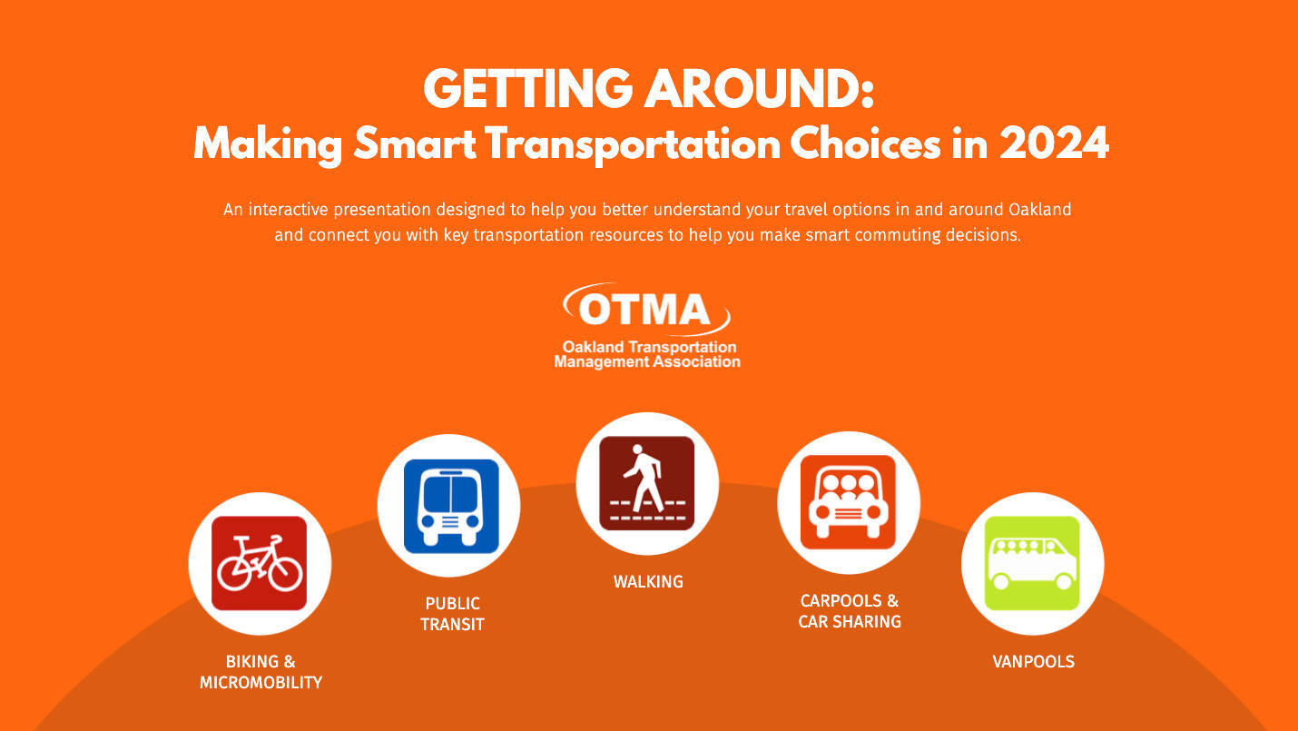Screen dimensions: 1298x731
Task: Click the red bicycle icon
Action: coord(259,563)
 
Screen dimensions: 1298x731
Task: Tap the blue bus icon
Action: coord(451,506)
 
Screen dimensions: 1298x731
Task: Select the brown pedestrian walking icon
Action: coord(646,483)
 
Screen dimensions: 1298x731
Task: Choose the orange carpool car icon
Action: coord(848,502)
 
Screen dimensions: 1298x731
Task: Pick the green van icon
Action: coord(1032,564)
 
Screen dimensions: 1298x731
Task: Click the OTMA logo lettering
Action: coord(644,310)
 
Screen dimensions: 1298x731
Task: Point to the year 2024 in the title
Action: coord(1054,143)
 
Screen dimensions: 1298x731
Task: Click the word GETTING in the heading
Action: coord(527,89)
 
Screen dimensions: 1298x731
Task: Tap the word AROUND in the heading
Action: coord(759,89)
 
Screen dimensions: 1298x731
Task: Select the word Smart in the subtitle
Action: coord(414,143)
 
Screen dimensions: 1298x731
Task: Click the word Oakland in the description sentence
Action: coord(1039,209)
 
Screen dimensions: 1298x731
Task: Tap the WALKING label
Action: coord(648,581)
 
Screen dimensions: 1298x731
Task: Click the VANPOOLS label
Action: coord(1033,661)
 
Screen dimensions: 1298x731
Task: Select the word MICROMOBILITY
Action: coord(261,682)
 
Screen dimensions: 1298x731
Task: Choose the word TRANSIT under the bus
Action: coord(452,625)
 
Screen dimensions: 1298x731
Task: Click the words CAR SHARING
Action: coord(850,621)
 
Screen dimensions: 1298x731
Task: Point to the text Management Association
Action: coord(646,361)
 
